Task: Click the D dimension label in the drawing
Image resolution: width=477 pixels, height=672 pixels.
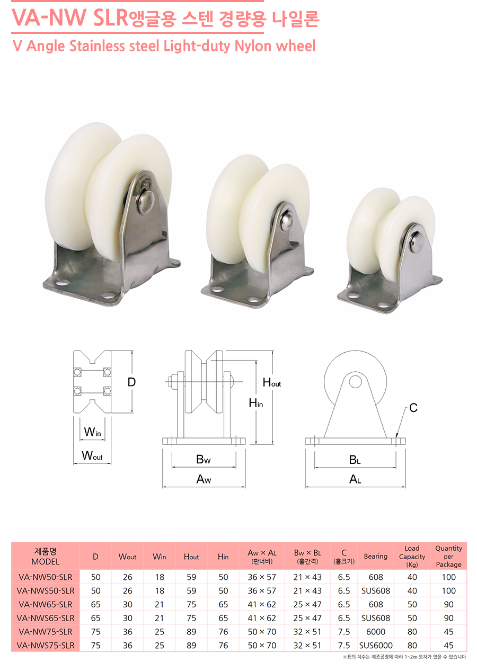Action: tap(132, 382)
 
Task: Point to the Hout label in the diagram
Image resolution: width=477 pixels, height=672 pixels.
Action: tap(272, 382)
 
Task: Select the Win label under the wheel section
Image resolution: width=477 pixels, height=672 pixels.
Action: tap(92, 432)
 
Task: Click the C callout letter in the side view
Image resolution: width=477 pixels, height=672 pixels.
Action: tap(413, 408)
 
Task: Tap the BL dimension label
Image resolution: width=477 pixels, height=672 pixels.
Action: tap(355, 460)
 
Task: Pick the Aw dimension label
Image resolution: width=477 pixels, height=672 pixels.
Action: tap(204, 479)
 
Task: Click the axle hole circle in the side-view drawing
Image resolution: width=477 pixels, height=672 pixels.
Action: tap(355, 382)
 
